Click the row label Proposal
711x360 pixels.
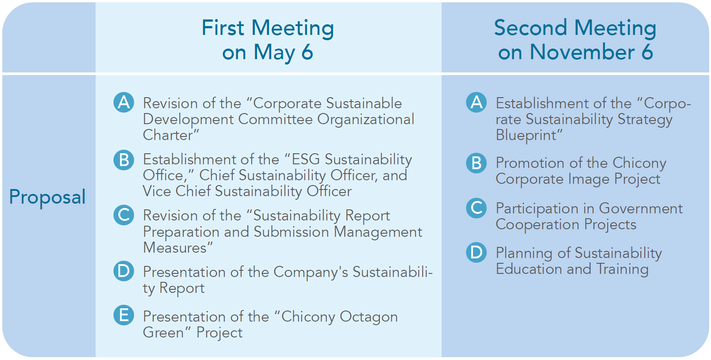[x=47, y=197]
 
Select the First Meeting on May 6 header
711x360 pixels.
[x=268, y=40]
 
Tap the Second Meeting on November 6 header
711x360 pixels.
[x=575, y=40]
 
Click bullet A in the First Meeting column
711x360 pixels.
[x=124, y=102]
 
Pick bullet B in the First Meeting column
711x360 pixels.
[x=124, y=160]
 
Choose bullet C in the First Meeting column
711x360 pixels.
[x=124, y=215]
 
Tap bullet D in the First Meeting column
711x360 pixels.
[x=124, y=271]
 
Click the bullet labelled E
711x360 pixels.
[x=124, y=315]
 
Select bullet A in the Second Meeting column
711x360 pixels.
[x=477, y=102]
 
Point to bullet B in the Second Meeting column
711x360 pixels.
[x=477, y=163]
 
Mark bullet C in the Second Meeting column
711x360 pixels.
[x=477, y=208]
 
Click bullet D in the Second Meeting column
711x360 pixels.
[x=477, y=252]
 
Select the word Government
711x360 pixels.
[x=640, y=208]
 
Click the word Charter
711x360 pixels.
[x=168, y=135]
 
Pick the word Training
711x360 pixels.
[x=622, y=269]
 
